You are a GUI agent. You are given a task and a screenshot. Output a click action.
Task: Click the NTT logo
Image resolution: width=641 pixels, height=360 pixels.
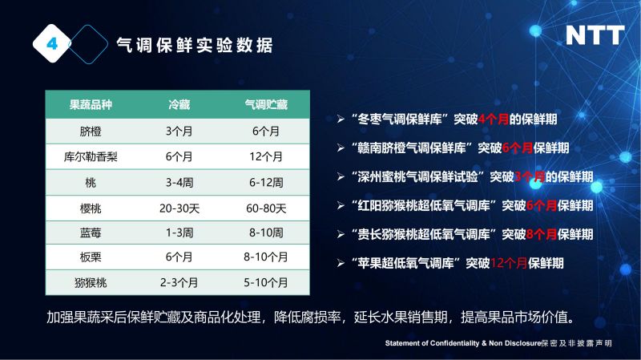(595, 35)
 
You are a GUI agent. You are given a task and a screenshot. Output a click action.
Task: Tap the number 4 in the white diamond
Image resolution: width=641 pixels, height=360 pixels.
(52, 43)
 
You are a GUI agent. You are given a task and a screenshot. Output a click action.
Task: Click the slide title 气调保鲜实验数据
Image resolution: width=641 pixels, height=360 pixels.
(195, 45)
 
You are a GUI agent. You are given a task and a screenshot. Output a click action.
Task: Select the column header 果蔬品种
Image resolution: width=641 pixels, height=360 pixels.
(91, 105)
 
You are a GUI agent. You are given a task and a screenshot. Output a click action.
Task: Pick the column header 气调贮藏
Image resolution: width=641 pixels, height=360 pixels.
(266, 105)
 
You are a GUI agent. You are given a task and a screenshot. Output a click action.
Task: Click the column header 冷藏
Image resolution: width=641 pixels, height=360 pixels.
(179, 105)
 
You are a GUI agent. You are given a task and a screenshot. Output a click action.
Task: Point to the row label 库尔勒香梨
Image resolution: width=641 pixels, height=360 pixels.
(91, 156)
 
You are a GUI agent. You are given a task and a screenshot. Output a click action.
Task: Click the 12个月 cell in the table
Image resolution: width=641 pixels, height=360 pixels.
(266, 156)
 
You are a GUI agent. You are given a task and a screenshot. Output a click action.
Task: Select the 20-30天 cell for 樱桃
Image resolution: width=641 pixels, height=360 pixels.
(179, 208)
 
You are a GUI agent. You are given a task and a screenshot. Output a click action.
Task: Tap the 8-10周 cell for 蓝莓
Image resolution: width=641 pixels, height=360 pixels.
(266, 233)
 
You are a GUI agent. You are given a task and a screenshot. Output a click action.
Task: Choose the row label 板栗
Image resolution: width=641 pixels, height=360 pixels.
(91, 257)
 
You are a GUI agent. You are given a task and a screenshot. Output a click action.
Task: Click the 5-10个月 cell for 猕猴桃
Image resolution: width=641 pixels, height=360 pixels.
(266, 282)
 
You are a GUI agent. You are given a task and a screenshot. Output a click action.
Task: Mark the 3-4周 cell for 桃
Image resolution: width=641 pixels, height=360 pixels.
(179, 183)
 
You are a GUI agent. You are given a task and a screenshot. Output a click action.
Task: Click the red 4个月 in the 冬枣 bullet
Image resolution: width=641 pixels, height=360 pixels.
(494, 119)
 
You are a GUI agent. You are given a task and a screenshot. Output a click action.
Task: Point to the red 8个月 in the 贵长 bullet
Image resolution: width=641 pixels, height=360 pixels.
(542, 234)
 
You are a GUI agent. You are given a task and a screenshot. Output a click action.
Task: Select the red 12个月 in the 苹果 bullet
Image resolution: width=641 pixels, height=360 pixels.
(509, 263)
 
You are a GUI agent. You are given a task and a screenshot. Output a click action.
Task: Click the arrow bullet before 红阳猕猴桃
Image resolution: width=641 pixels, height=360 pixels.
(341, 205)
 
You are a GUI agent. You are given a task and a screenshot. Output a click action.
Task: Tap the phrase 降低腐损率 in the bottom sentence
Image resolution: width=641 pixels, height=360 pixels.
(308, 317)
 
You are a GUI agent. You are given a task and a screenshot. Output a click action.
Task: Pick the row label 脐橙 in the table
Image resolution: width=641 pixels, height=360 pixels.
(91, 131)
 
